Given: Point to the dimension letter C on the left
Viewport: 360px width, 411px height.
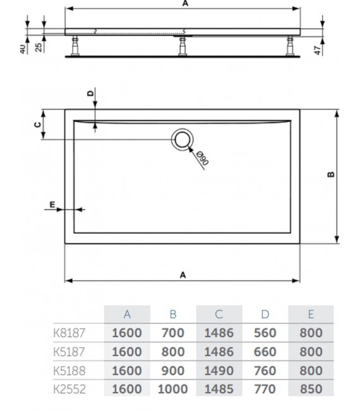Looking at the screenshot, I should pos(37,124).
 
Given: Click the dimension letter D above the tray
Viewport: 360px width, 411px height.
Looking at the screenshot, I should pos(91,94).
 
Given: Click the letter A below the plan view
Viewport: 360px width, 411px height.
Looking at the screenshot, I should pos(183,274).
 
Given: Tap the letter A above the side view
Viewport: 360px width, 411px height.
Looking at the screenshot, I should pos(185,4).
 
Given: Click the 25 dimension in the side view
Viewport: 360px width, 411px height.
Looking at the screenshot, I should pos(39,47).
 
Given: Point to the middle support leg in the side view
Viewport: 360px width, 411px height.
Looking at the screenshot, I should pos(183,45).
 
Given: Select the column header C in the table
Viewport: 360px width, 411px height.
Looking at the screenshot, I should pos(219,314).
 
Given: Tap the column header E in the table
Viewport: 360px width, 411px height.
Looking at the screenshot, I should pos(310,314).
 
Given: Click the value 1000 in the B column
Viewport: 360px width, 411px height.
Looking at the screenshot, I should pos(172,390).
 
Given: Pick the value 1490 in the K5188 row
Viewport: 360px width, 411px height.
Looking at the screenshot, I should pos(219,371).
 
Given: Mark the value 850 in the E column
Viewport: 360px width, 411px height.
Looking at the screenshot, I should pos(310,390).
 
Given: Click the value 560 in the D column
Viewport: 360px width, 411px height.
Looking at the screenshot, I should pos(265,333).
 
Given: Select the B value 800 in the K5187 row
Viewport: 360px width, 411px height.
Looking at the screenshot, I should pos(172,352).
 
